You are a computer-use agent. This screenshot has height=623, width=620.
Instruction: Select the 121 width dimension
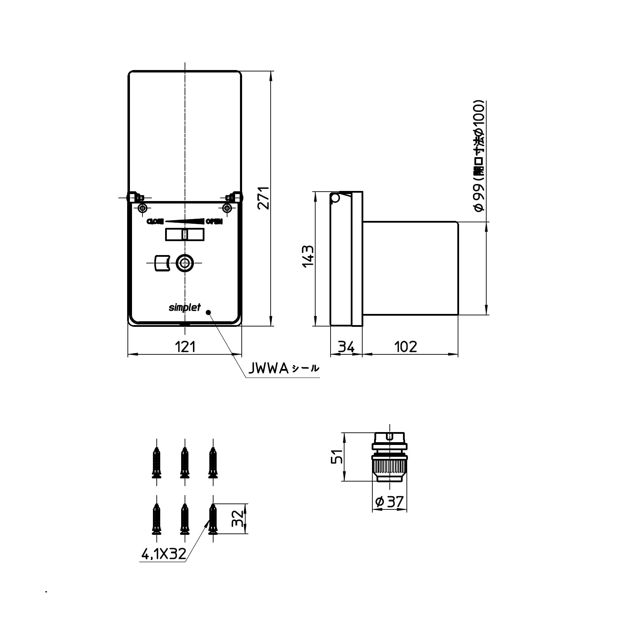(x=185, y=347)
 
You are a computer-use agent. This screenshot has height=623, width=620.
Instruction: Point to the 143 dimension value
(x=308, y=256)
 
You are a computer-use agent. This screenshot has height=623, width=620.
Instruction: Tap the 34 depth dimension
(x=346, y=347)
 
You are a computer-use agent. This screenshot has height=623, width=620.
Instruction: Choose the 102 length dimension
(x=405, y=347)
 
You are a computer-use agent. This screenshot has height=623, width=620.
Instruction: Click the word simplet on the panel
(x=185, y=308)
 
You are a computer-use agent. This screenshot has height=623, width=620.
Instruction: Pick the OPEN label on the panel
(x=214, y=221)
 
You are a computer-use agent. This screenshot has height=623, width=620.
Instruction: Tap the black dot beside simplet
(x=209, y=312)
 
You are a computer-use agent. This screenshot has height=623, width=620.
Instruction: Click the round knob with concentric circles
(x=185, y=263)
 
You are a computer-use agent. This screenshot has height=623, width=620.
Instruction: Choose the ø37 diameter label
(x=389, y=502)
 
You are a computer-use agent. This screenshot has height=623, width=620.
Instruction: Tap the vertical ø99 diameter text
(x=479, y=156)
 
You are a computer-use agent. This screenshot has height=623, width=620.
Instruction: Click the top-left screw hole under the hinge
(x=142, y=208)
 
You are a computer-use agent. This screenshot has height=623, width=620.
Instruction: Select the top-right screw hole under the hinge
(x=227, y=208)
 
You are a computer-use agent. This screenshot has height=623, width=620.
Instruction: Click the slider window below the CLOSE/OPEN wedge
(x=185, y=234)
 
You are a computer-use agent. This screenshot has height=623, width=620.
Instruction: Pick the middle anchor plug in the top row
(x=185, y=463)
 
